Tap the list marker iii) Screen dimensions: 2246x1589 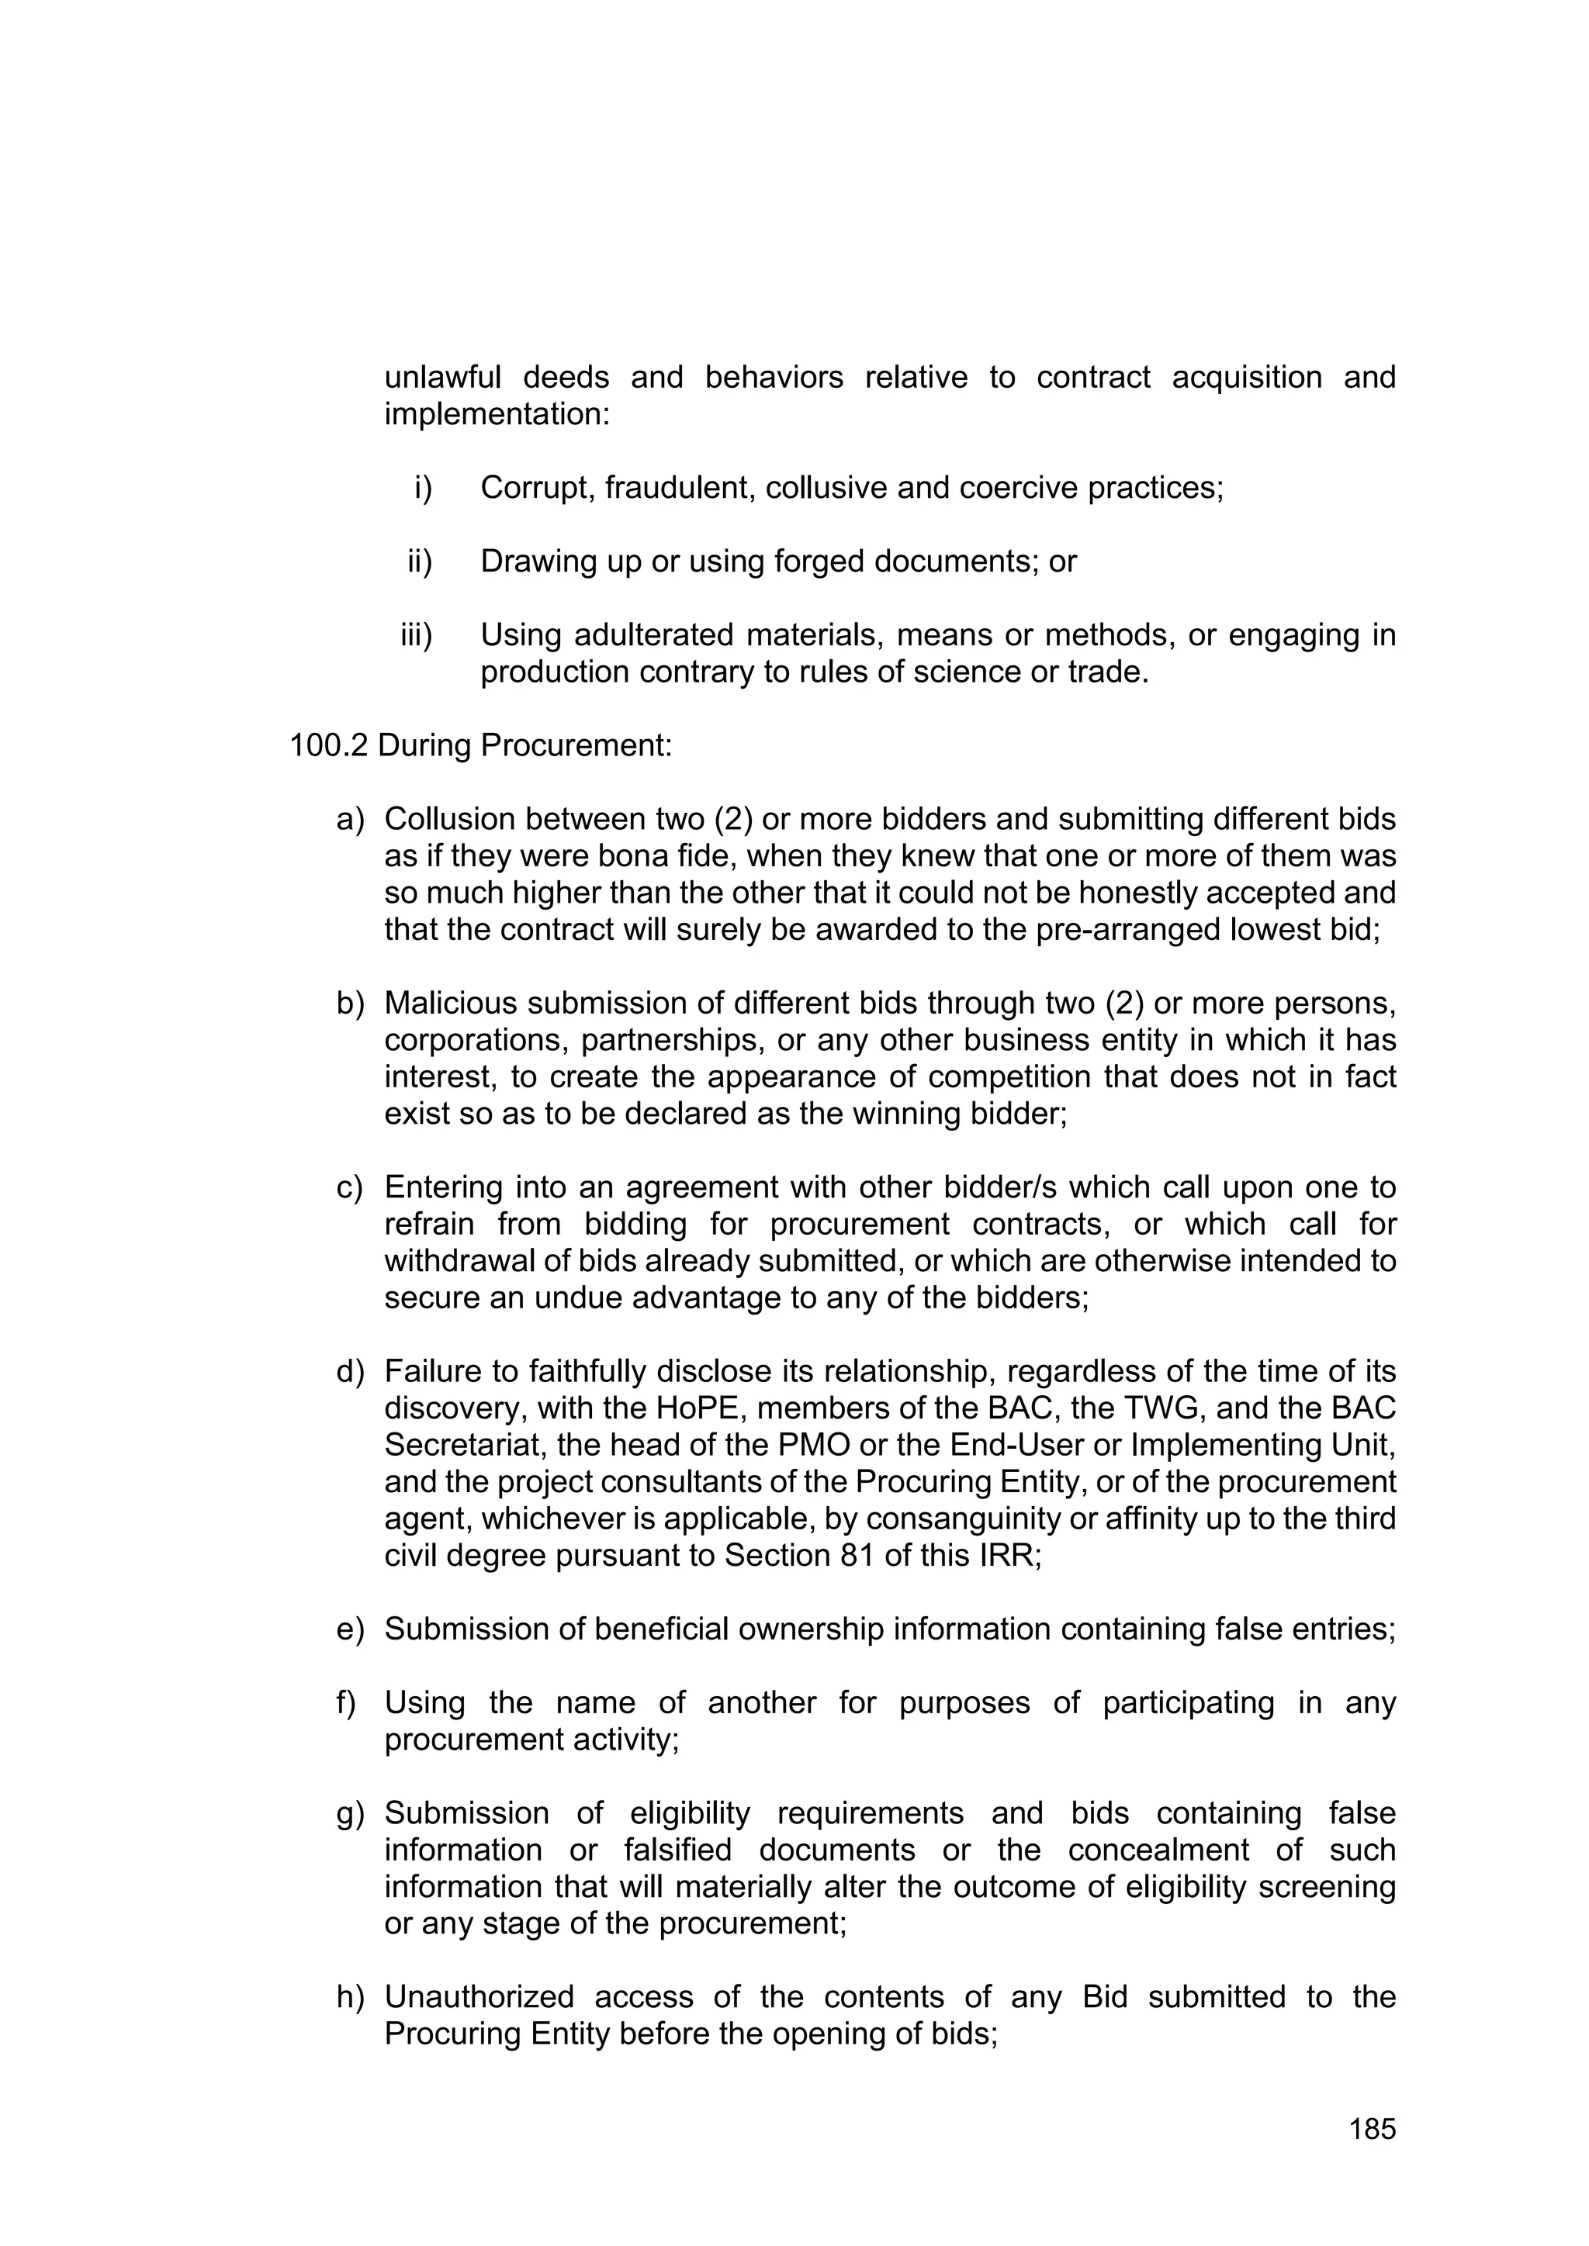pyautogui.click(x=416, y=636)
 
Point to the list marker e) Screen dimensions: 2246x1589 pyautogui.click(x=349, y=1629)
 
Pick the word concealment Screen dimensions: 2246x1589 pyautogui.click(x=1158, y=1850)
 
